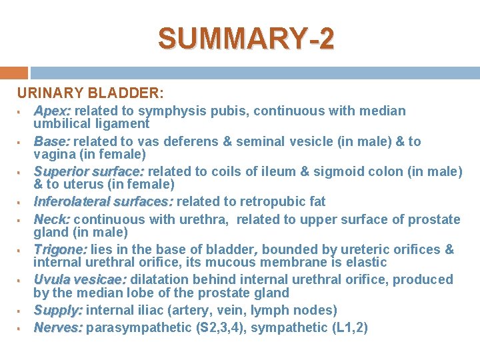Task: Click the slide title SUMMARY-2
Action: pyautogui.click(x=246, y=39)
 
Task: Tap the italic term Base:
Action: pyautogui.click(x=52, y=141)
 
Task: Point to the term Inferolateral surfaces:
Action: pyautogui.click(x=103, y=201)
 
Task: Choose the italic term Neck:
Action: pyautogui.click(x=52, y=219)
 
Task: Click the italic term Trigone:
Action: pyautogui.click(x=60, y=249)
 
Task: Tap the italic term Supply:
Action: pyautogui.click(x=58, y=310)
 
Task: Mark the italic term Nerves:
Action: pyautogui.click(x=58, y=327)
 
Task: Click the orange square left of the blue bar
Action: pyautogui.click(x=13, y=73)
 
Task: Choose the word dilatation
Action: pyautogui.click(x=158, y=279)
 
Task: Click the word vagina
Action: pyautogui.click(x=53, y=154)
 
